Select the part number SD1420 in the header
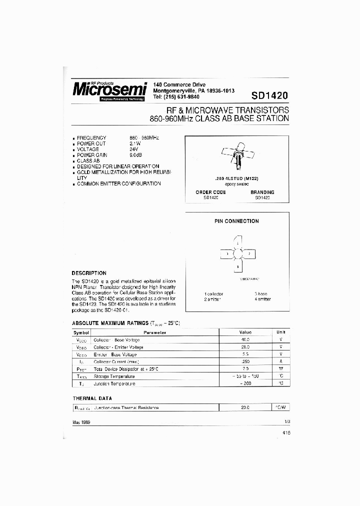[x=269, y=95]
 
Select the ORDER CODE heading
[x=210, y=192]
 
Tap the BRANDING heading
[x=262, y=192]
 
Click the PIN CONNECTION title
[x=236, y=221]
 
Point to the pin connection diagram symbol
[x=236, y=254]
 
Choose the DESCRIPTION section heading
[x=89, y=273]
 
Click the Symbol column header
[x=81, y=332]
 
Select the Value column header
[x=245, y=332]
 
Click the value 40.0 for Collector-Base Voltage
[x=245, y=339]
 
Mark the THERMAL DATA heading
[x=92, y=398]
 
